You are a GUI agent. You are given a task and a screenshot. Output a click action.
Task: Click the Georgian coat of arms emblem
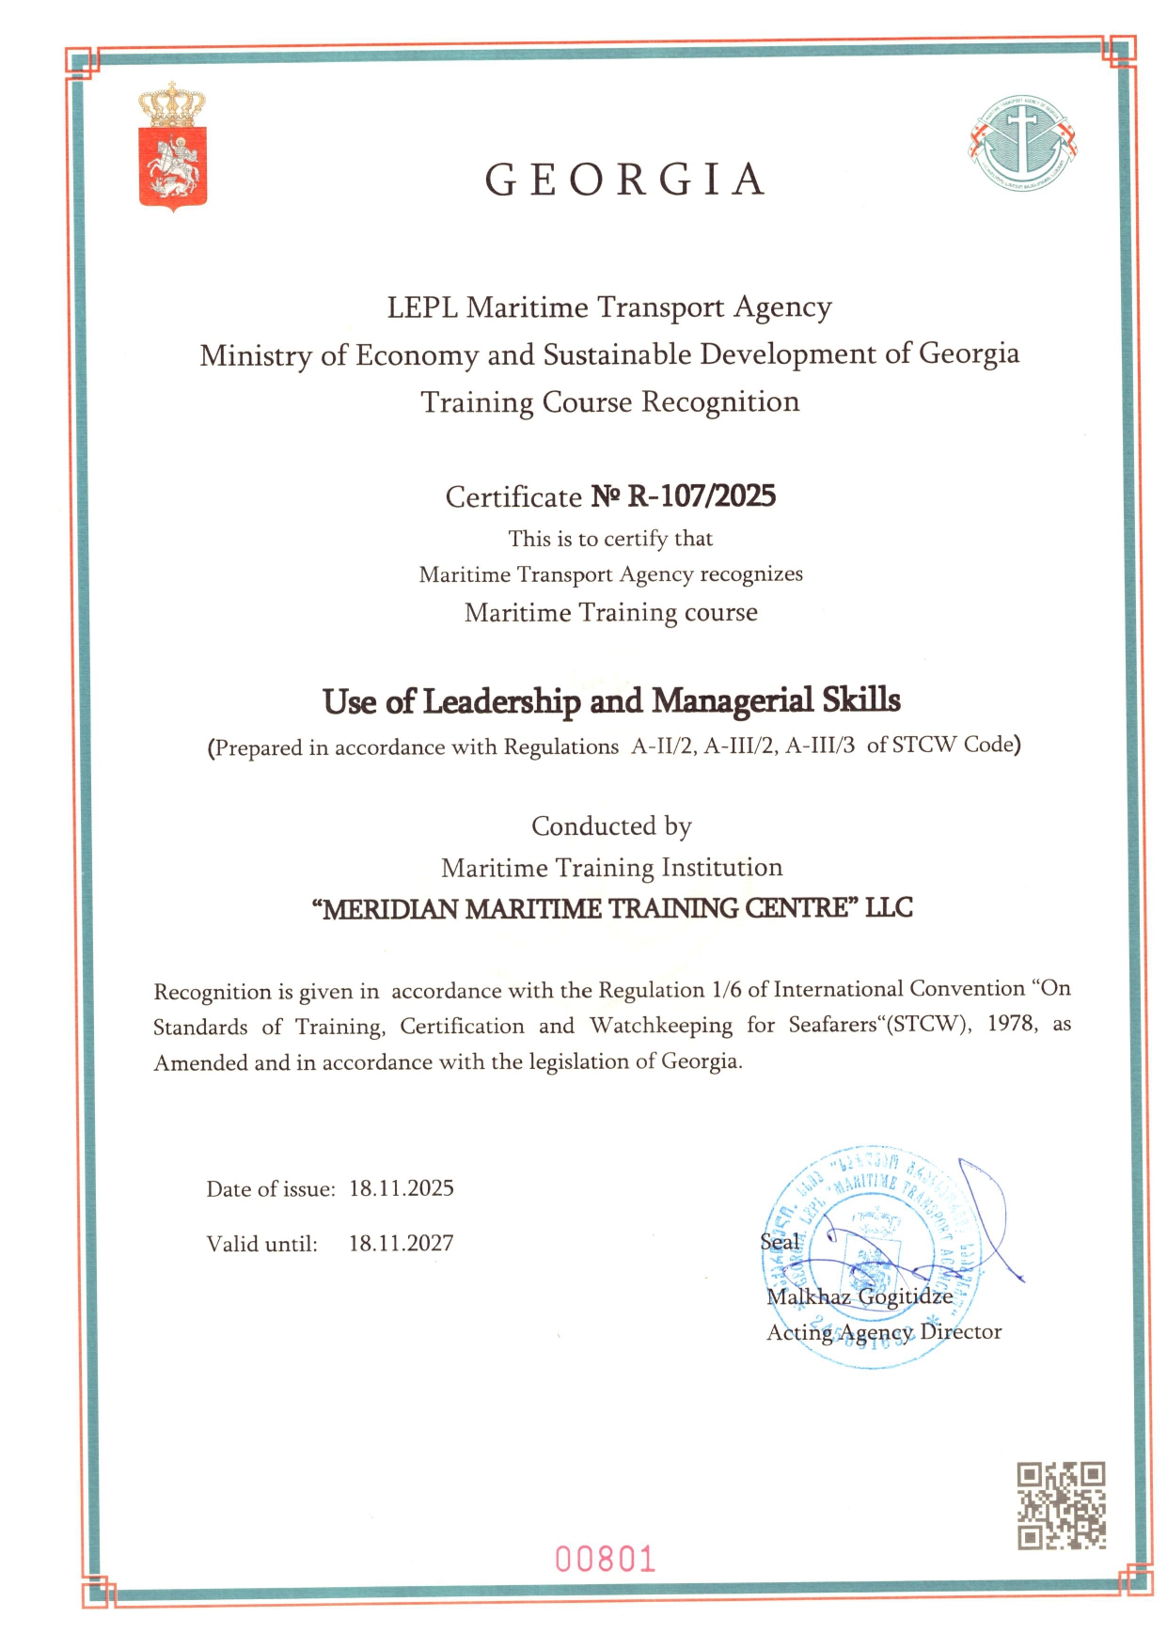(x=172, y=147)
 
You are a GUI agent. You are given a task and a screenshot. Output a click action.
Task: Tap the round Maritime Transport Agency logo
(x=1022, y=144)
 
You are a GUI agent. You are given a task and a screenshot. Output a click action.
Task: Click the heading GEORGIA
(x=625, y=180)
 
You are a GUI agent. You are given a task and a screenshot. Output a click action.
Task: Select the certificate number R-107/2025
(x=701, y=495)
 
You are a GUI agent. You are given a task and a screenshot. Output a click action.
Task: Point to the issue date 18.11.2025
(x=402, y=1188)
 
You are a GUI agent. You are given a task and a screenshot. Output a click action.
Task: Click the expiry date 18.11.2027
(x=402, y=1243)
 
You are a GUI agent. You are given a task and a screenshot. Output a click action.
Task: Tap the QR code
(x=1061, y=1505)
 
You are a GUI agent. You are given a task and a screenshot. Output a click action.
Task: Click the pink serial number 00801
(x=605, y=1560)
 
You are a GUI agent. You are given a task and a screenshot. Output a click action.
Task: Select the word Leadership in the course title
(x=501, y=701)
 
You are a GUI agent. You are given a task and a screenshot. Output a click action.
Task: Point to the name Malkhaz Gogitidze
(x=859, y=1296)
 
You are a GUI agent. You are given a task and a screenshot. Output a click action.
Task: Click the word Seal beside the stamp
(x=780, y=1242)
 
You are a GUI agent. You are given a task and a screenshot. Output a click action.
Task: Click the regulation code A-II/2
(x=663, y=746)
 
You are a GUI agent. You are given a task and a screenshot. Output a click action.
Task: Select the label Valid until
(x=262, y=1244)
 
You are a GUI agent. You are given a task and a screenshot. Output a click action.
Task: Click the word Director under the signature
(x=961, y=1332)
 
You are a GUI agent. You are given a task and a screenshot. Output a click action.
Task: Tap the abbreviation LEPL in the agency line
(x=422, y=307)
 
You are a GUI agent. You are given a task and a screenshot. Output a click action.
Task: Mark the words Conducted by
(x=611, y=826)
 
